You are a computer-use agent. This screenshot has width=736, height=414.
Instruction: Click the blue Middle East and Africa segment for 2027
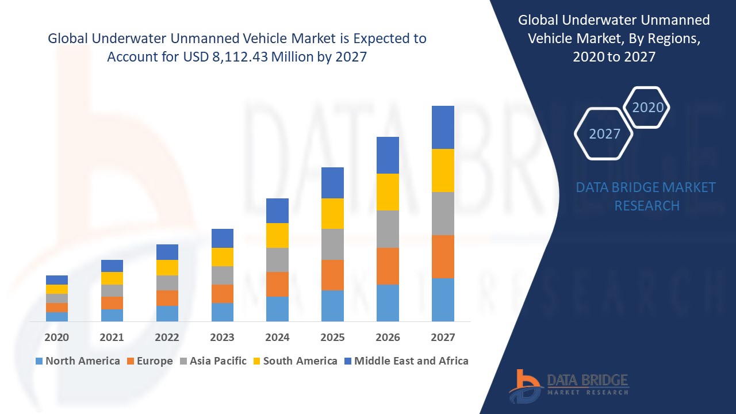[443, 127]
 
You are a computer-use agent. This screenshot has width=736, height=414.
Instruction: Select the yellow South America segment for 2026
[388, 192]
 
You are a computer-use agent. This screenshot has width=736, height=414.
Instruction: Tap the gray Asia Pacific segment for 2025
[332, 244]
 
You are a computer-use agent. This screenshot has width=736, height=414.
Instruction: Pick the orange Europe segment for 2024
[277, 284]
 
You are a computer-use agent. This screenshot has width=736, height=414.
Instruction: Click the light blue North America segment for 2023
[223, 312]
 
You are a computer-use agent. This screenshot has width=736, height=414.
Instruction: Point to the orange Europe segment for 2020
[57, 308]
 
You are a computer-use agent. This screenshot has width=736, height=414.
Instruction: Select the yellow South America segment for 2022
[167, 267]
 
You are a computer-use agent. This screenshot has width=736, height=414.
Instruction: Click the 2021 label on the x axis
[112, 338]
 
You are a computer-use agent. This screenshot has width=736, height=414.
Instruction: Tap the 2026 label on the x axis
[388, 338]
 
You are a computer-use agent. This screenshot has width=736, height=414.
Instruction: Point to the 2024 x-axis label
[277, 338]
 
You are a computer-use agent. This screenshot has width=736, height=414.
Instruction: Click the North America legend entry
[78, 361]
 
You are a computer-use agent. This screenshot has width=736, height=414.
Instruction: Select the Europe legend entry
[149, 361]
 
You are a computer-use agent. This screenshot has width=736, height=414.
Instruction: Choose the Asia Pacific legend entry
[212, 361]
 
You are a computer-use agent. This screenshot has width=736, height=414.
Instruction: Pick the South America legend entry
[294, 361]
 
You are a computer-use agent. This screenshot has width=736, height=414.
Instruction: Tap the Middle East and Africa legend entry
[405, 361]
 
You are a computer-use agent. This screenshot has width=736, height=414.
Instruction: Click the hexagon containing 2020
[647, 108]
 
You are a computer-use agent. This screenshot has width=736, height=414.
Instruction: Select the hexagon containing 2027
[604, 134]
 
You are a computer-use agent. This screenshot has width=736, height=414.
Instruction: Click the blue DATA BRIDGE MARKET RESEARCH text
[646, 196]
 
